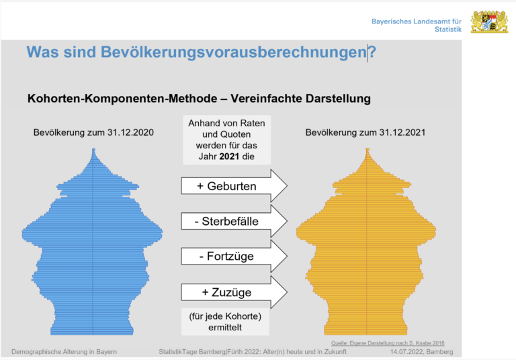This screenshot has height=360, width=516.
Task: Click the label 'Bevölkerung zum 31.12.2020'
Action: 93,133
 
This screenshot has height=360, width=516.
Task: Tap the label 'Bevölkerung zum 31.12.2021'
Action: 365,133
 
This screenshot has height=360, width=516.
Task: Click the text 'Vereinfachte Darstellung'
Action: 300,99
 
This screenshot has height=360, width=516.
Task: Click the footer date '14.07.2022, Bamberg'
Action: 421,352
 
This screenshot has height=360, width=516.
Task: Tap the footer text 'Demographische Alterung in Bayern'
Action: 64,352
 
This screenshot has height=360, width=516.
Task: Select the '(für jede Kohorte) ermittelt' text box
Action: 225,321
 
